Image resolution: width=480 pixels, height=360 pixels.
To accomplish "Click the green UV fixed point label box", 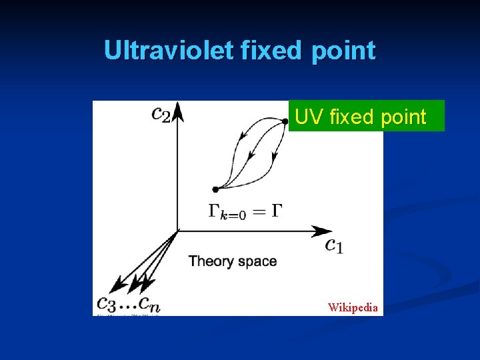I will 366,116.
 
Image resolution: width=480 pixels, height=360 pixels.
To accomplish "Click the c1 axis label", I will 334,245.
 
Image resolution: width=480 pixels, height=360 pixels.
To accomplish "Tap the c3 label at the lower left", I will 108,304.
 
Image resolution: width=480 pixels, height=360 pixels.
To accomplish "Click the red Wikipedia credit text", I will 353,307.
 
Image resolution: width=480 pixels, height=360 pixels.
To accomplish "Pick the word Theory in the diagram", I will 210,261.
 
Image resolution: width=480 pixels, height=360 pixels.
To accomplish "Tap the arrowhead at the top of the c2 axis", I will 177,111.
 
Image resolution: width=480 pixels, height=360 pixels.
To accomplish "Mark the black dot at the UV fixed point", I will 285,121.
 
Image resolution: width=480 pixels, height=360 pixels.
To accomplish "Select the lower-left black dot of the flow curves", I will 215,189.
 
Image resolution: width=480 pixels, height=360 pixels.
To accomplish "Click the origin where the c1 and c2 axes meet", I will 177,231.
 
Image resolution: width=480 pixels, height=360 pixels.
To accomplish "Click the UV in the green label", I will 307,117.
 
